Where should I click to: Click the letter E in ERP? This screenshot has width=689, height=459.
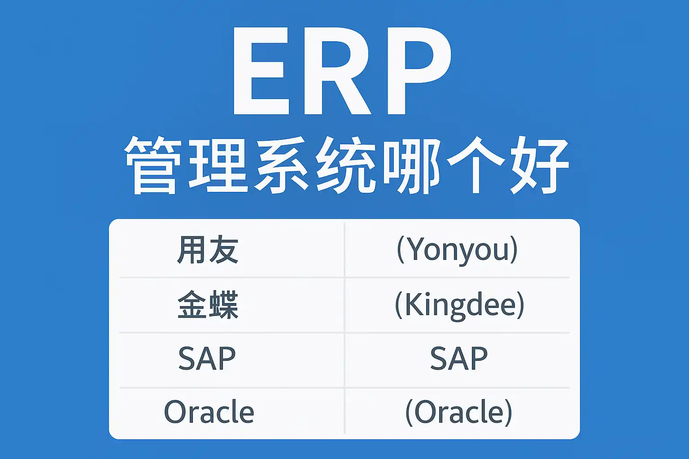click(x=262, y=71)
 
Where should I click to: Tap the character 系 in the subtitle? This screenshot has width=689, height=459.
click(x=281, y=165)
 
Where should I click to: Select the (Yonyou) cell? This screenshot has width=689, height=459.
click(x=458, y=250)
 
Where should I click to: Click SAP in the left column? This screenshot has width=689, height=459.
click(x=207, y=359)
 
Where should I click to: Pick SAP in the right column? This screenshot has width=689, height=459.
click(x=459, y=359)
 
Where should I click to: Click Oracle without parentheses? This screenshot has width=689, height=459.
click(x=209, y=411)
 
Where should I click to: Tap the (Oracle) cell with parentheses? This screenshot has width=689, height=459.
click(x=459, y=412)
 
